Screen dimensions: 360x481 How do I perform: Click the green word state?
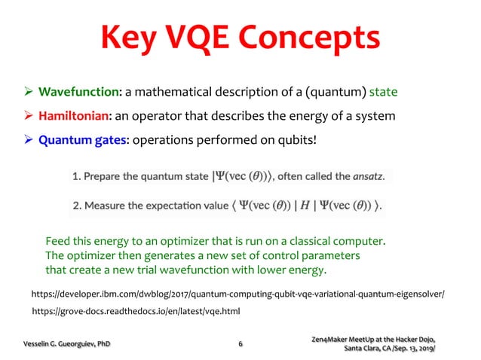tap(383, 93)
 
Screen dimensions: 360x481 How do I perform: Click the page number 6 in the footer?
tap(240, 344)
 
